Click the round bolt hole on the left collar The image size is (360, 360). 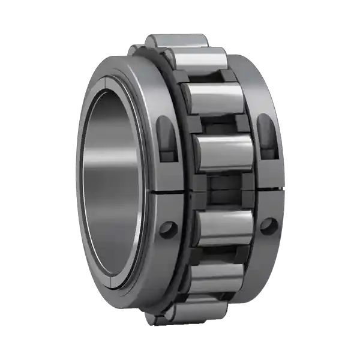[168, 230]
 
